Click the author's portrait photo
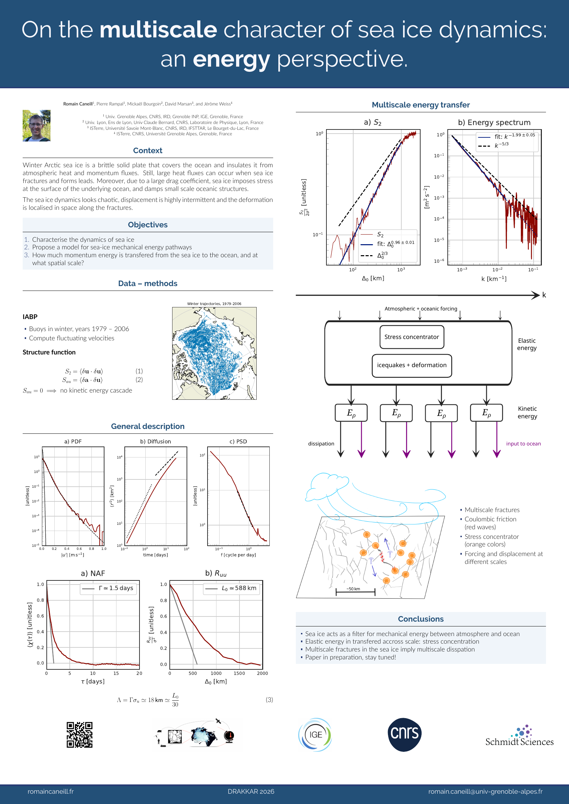(36, 125)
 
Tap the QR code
(79, 735)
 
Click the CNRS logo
(404, 734)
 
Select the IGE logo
(315, 735)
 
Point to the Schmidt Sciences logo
(519, 736)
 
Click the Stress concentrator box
(411, 337)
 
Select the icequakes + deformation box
(411, 365)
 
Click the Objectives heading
(147, 225)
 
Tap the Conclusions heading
(421, 619)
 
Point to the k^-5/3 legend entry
(501, 145)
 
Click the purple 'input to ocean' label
(523, 444)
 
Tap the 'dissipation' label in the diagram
(321, 444)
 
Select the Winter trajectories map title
(214, 304)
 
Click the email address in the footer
(485, 791)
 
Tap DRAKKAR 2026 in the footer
(251, 791)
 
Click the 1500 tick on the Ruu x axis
(239, 673)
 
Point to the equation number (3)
(269, 700)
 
